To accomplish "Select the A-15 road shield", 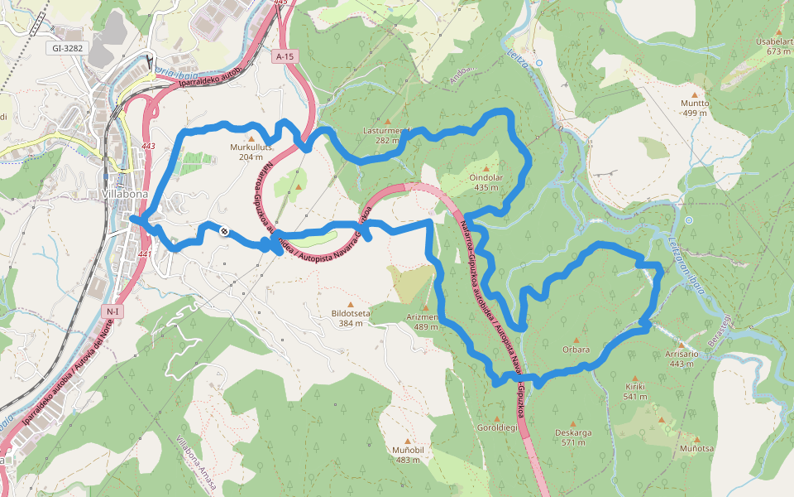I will (285, 56).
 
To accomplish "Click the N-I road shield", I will (113, 311).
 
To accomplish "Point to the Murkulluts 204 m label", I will (251, 152).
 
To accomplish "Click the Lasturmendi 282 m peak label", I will (386, 135).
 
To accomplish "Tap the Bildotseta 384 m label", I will (350, 319).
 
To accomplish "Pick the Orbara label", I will (576, 350).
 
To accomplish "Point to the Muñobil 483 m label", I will (408, 454).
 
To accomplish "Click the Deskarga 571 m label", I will (572, 437).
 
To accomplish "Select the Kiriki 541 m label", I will (635, 391).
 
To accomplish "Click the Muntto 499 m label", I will (695, 109).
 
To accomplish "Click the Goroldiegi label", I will (497, 428).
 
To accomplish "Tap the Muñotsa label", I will (696, 448).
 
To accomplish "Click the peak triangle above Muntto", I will (695, 94).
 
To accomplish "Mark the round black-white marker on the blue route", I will (223, 231).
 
